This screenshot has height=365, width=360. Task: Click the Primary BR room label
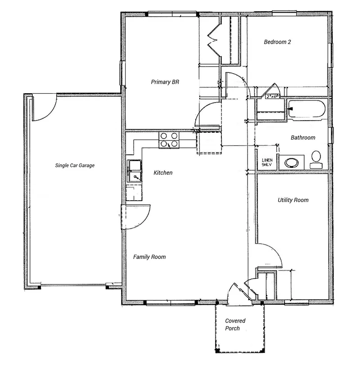tap(165, 82)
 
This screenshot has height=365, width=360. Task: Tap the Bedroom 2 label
tap(277, 42)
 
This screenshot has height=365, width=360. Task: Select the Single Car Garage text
tap(75, 165)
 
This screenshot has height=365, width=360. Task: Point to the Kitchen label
tap(163, 172)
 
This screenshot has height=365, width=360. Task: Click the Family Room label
tap(149, 257)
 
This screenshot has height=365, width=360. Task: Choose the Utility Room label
tap(293, 200)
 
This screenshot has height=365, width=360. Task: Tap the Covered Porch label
tap(235, 324)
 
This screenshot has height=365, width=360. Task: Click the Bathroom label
tap(303, 138)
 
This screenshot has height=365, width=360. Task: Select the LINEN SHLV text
tap(267, 162)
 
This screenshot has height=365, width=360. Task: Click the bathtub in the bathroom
tap(306, 109)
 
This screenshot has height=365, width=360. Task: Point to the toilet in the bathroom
tap(316, 159)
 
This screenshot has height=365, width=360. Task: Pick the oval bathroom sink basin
tap(292, 163)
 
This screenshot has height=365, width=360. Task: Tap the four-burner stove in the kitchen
tap(169, 140)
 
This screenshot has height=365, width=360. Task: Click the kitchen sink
tap(134, 171)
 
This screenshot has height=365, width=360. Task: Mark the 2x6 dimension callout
tap(272, 96)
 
